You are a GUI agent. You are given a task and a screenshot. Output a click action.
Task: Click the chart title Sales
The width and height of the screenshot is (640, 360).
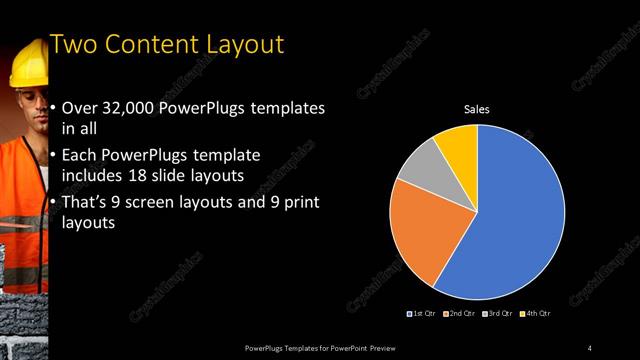pyautogui.click(x=476, y=109)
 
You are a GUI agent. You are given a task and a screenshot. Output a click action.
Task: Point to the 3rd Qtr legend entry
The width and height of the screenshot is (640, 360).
pyautogui.click(x=499, y=314)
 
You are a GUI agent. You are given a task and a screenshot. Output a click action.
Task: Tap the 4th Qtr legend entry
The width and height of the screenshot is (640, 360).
pyautogui.click(x=537, y=314)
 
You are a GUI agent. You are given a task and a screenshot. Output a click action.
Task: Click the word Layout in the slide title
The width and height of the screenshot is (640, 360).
pyautogui.click(x=239, y=45)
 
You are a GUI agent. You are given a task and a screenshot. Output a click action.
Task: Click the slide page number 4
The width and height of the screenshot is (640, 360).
pyautogui.click(x=589, y=347)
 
